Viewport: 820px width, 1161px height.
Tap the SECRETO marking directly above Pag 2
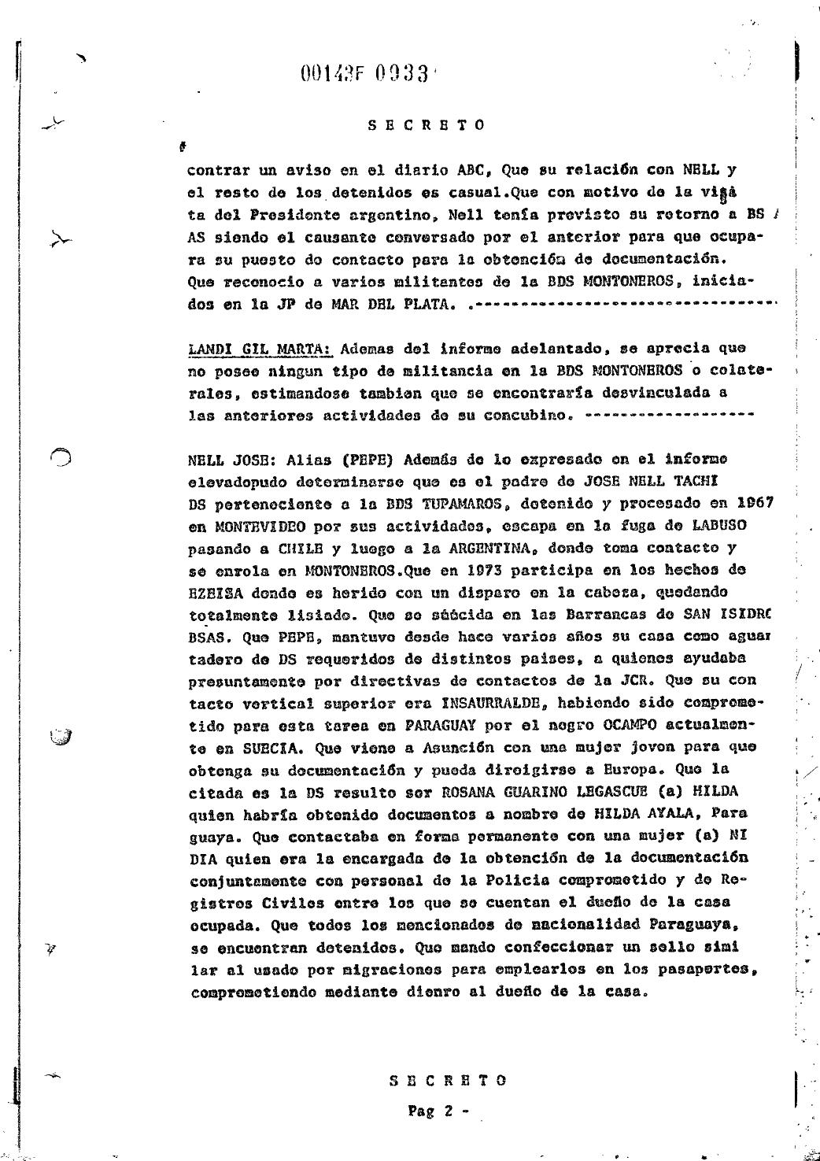(448, 1080)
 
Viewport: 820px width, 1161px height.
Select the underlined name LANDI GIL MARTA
(261, 348)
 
